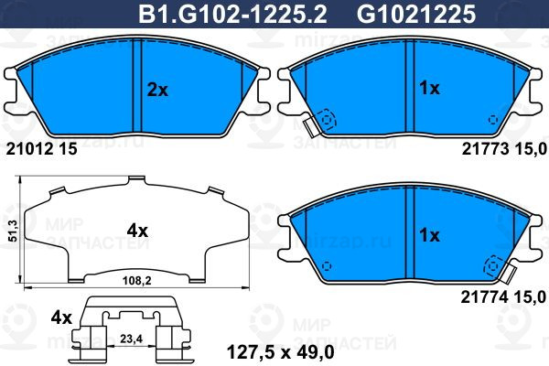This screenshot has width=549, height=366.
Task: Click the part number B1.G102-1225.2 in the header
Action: pyautogui.click(x=232, y=15)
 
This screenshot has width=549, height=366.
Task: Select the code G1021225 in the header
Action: pyautogui.click(x=416, y=15)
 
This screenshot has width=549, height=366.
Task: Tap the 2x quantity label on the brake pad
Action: pyautogui.click(x=157, y=91)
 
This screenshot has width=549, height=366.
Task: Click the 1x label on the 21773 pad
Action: pyautogui.click(x=429, y=88)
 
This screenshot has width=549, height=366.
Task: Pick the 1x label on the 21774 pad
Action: pyautogui.click(x=429, y=235)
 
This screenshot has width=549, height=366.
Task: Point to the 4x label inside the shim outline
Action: pyautogui.click(x=137, y=231)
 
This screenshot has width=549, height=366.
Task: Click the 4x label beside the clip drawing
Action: pyautogui.click(x=61, y=318)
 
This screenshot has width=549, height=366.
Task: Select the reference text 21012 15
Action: pyautogui.click(x=42, y=149)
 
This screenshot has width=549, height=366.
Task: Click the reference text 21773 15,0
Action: pyautogui.click(x=504, y=149)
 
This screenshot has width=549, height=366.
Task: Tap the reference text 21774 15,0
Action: pyautogui.click(x=503, y=297)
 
